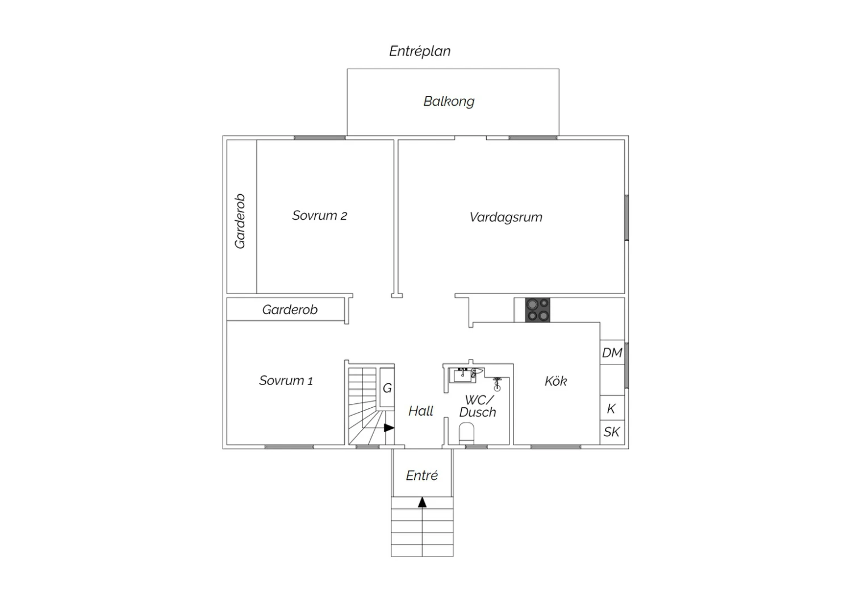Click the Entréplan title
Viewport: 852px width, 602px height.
click(x=420, y=51)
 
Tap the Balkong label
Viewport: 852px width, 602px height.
click(x=449, y=101)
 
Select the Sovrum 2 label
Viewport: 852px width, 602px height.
click(x=319, y=216)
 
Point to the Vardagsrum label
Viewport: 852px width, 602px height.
click(x=506, y=217)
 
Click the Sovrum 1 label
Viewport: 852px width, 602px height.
click(x=286, y=381)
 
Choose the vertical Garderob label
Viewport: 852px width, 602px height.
click(x=240, y=221)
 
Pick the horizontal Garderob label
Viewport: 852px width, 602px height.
click(x=290, y=310)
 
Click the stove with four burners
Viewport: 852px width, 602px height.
click(x=537, y=310)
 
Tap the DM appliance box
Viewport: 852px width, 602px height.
click(x=612, y=352)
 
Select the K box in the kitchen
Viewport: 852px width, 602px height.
click(x=612, y=408)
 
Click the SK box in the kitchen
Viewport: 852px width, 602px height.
click(x=612, y=432)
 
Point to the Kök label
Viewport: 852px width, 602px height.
click(x=556, y=381)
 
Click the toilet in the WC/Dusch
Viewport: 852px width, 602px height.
click(x=466, y=433)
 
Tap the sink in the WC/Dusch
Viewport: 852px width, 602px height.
click(x=462, y=375)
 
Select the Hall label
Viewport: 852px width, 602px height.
click(x=421, y=411)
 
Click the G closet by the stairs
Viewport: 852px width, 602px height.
click(x=387, y=387)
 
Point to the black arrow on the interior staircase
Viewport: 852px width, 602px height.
click(x=389, y=428)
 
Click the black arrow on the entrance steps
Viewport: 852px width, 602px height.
click(x=422, y=503)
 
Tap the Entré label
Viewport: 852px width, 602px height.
click(x=422, y=475)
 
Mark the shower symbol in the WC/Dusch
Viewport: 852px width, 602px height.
click(x=497, y=384)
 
